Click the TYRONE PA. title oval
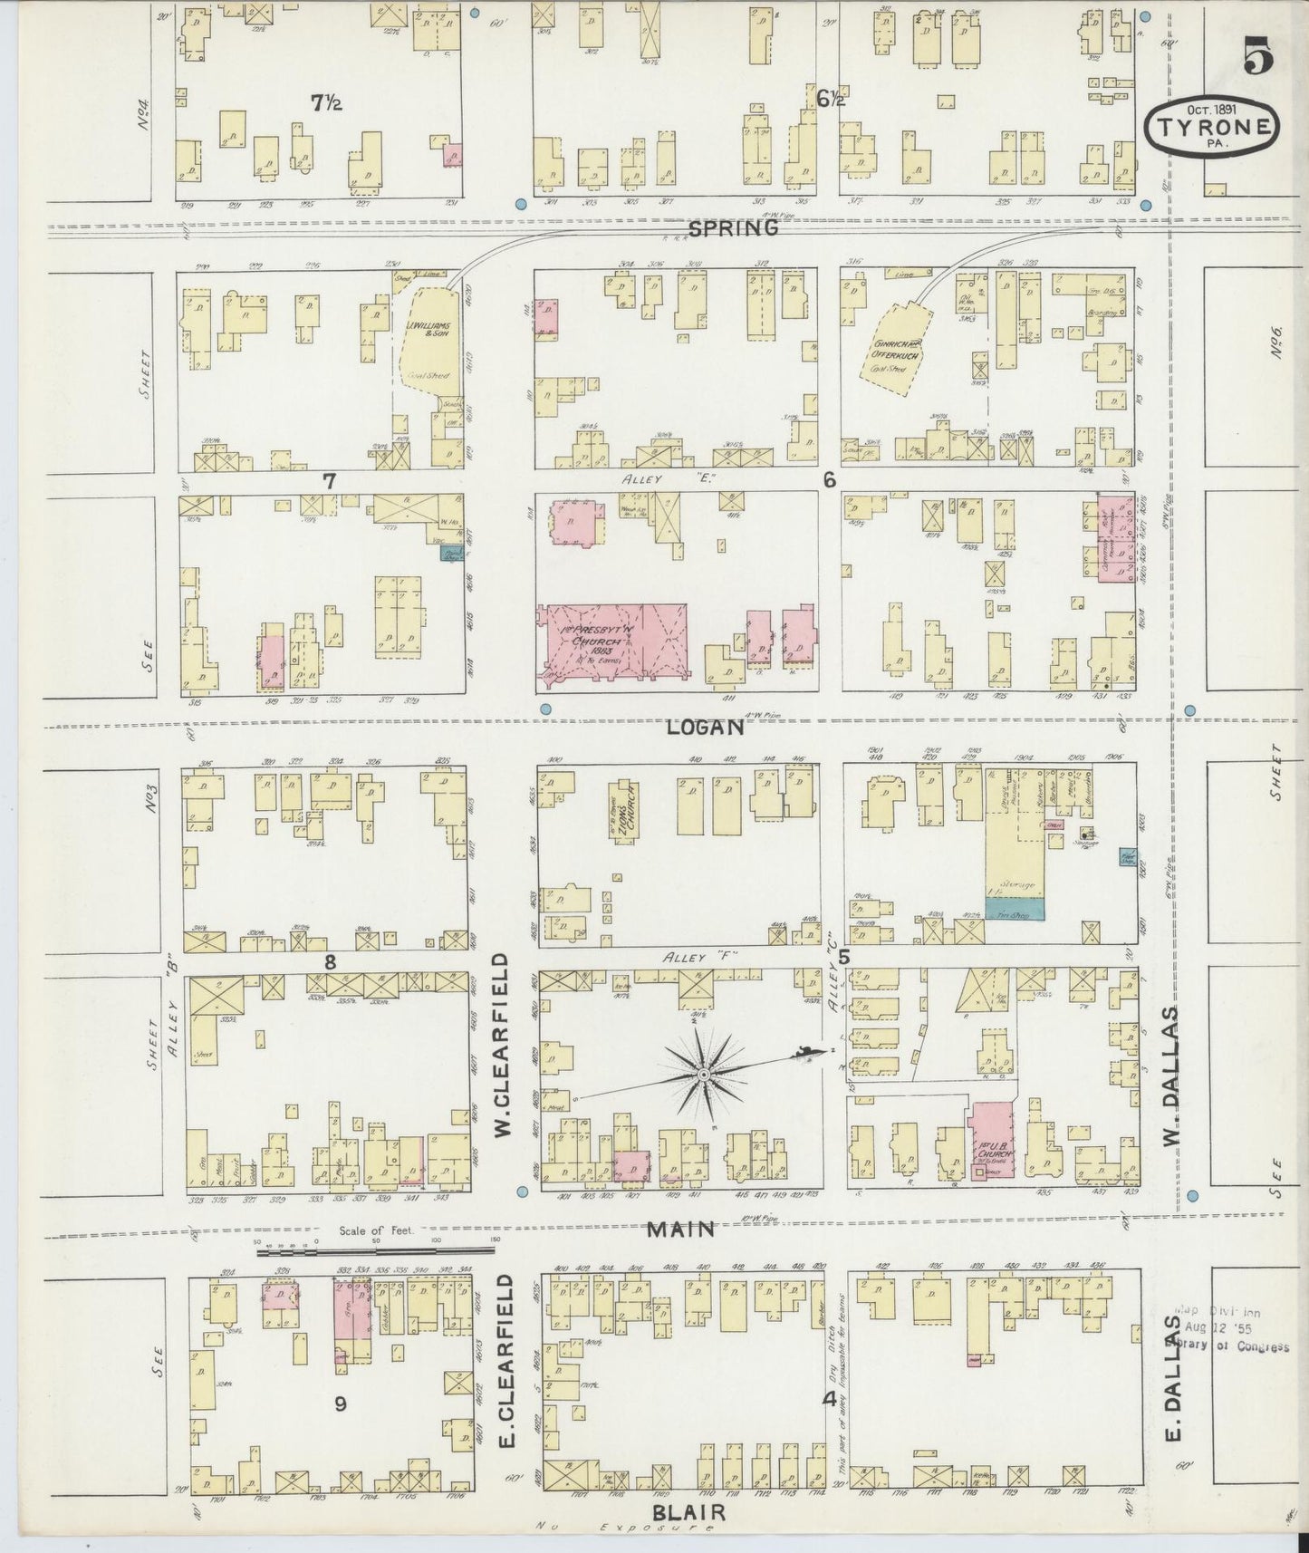tap(1211, 127)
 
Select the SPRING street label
tap(733, 228)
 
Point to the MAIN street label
tap(680, 1230)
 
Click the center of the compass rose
tap(703, 1075)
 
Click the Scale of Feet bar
tap(376, 1251)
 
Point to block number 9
tap(340, 1404)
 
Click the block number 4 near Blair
tap(828, 1399)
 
